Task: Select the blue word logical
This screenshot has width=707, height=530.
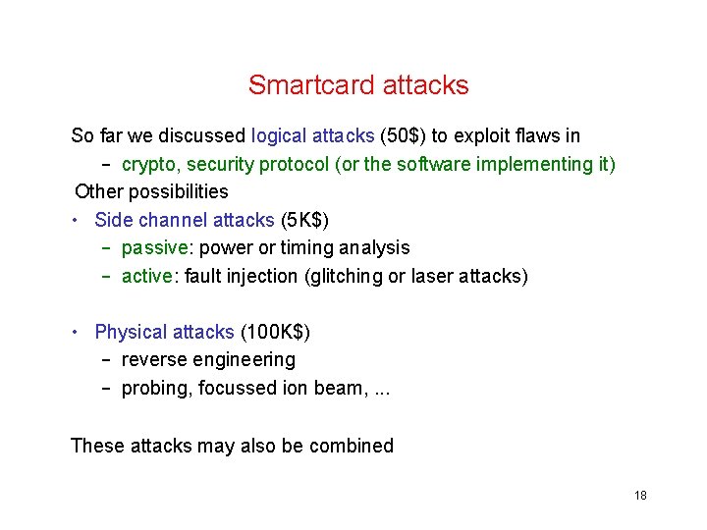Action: (x=280, y=135)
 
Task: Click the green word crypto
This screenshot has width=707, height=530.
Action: (x=149, y=164)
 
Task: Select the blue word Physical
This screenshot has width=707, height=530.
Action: (x=130, y=333)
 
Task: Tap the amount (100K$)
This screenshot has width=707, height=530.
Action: (x=275, y=333)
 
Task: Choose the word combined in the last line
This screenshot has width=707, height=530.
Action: (x=351, y=446)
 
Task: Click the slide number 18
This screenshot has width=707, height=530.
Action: (x=640, y=496)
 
